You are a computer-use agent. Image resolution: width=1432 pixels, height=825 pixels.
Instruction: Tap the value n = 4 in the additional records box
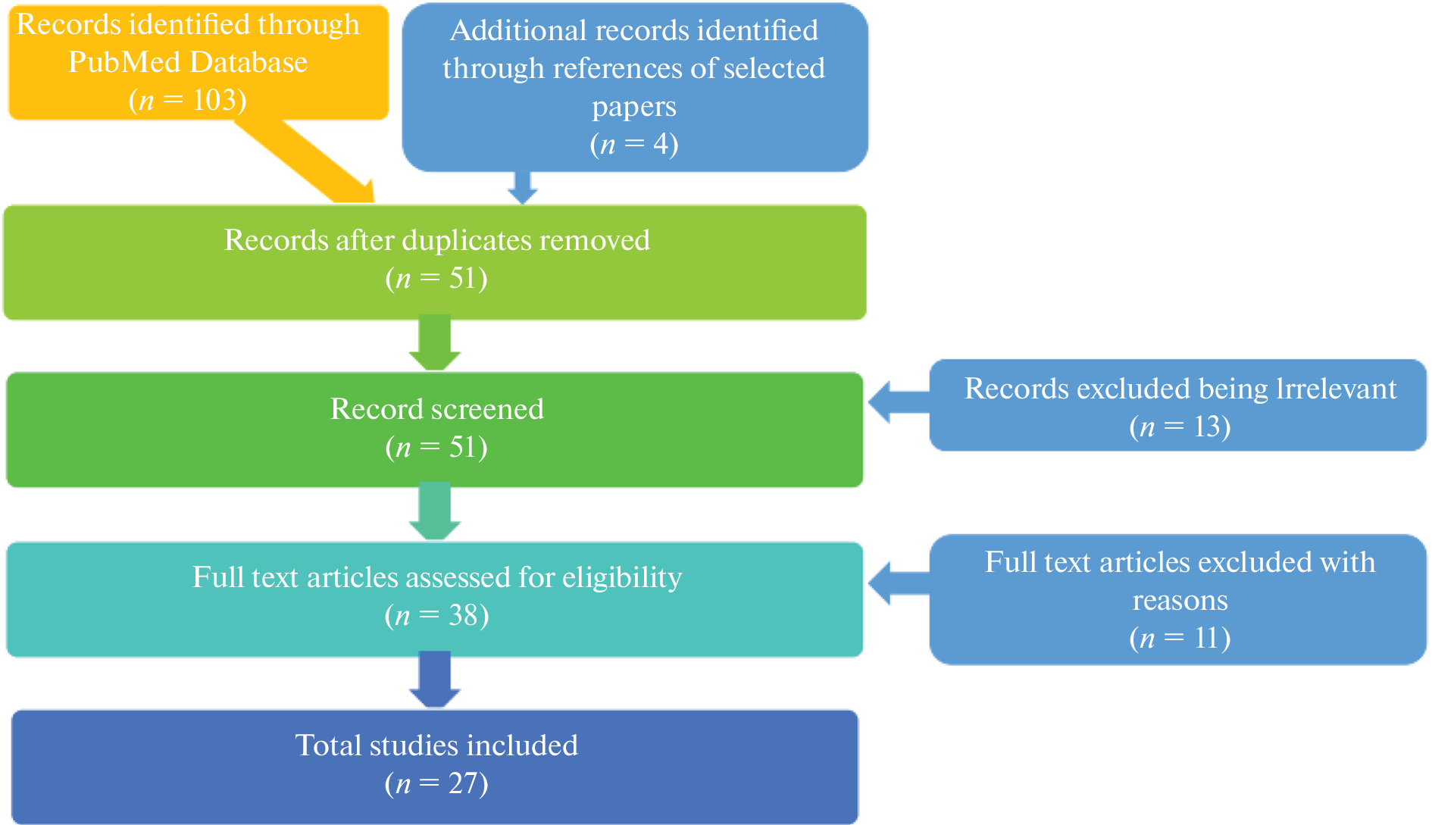[634, 144]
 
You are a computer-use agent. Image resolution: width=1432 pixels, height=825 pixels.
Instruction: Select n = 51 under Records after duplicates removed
[436, 278]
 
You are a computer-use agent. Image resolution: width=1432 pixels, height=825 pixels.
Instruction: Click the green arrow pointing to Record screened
[435, 344]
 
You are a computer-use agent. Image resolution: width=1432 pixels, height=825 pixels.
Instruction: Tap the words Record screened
[436, 409]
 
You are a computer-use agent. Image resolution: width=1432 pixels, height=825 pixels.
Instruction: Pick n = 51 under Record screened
[436, 447]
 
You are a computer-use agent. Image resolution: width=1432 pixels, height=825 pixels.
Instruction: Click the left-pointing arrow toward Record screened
[899, 402]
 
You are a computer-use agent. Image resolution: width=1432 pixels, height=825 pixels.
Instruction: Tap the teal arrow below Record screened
[435, 512]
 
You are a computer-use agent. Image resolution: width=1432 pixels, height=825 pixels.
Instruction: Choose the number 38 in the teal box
[462, 615]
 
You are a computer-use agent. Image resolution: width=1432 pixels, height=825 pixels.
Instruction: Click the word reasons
[1180, 600]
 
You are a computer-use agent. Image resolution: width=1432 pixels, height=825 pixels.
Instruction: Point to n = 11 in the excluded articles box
[1180, 638]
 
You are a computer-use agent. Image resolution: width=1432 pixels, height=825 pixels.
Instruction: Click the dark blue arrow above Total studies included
[435, 680]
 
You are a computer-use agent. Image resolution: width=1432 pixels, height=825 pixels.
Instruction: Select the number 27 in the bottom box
[463, 783]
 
